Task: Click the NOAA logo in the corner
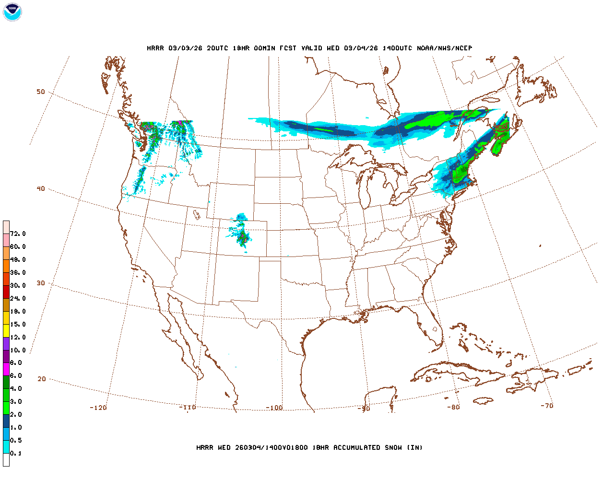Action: coord(12,12)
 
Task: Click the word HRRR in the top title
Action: coord(155,48)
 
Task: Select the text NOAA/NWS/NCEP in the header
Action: coord(444,48)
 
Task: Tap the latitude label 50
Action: coord(41,92)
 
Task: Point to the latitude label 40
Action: coord(41,188)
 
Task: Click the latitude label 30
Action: coord(41,283)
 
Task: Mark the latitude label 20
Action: coord(42,379)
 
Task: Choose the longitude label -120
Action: coord(98,408)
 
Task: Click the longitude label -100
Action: coord(274,408)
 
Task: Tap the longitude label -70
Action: coord(547,406)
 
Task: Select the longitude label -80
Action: coord(453,407)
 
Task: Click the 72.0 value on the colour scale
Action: coord(18,234)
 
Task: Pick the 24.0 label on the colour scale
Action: coord(18,298)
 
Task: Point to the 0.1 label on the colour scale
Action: coord(16,453)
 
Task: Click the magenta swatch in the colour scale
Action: coord(6,369)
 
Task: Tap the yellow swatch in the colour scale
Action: coord(6,330)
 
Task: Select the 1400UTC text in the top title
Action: coord(397,48)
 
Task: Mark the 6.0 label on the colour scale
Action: coord(16,375)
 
